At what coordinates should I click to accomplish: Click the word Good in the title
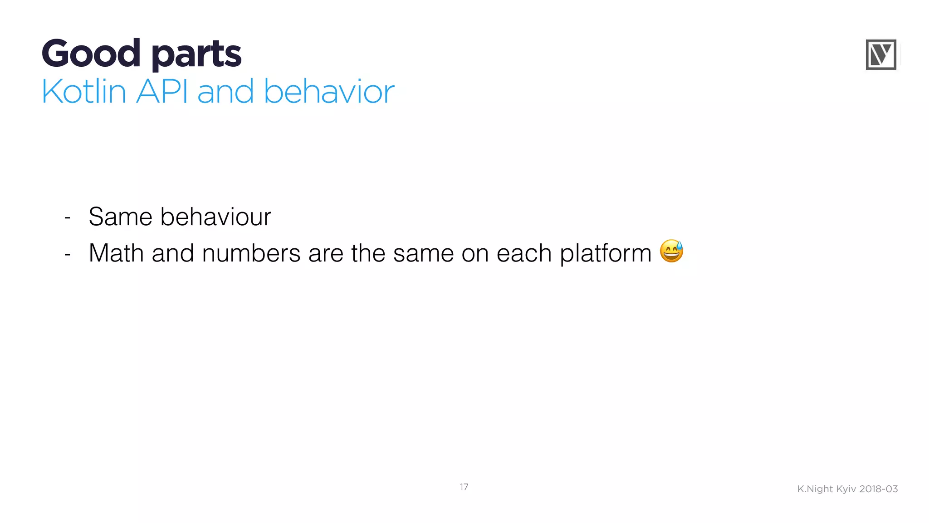point(91,54)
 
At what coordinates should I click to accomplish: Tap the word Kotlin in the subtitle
point(83,92)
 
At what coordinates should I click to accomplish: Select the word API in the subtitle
point(162,92)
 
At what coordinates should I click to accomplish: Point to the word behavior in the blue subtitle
point(329,92)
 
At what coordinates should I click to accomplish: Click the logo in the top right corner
point(881,55)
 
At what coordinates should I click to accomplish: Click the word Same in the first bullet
point(120,217)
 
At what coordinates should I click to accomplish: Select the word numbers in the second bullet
point(251,253)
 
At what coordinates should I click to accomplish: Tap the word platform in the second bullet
point(606,253)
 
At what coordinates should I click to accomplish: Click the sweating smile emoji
point(672,251)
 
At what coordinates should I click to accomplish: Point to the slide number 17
point(464,487)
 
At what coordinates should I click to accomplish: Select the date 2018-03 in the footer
point(879,489)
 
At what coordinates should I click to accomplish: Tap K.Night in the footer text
point(815,489)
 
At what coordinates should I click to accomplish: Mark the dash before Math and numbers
point(68,254)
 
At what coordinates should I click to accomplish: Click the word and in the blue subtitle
point(225,92)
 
